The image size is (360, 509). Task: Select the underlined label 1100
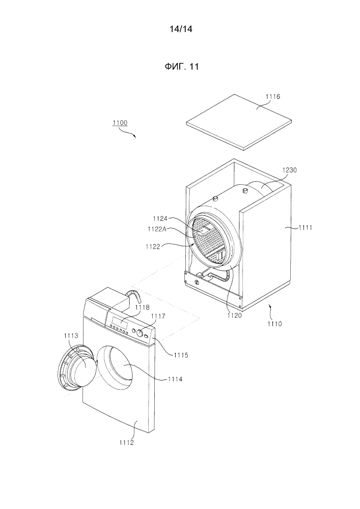pyautogui.click(x=120, y=123)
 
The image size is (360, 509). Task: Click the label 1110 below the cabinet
pyautogui.click(x=276, y=323)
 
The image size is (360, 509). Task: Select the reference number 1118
pyautogui.click(x=142, y=307)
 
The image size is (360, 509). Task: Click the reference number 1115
pyautogui.click(x=180, y=355)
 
